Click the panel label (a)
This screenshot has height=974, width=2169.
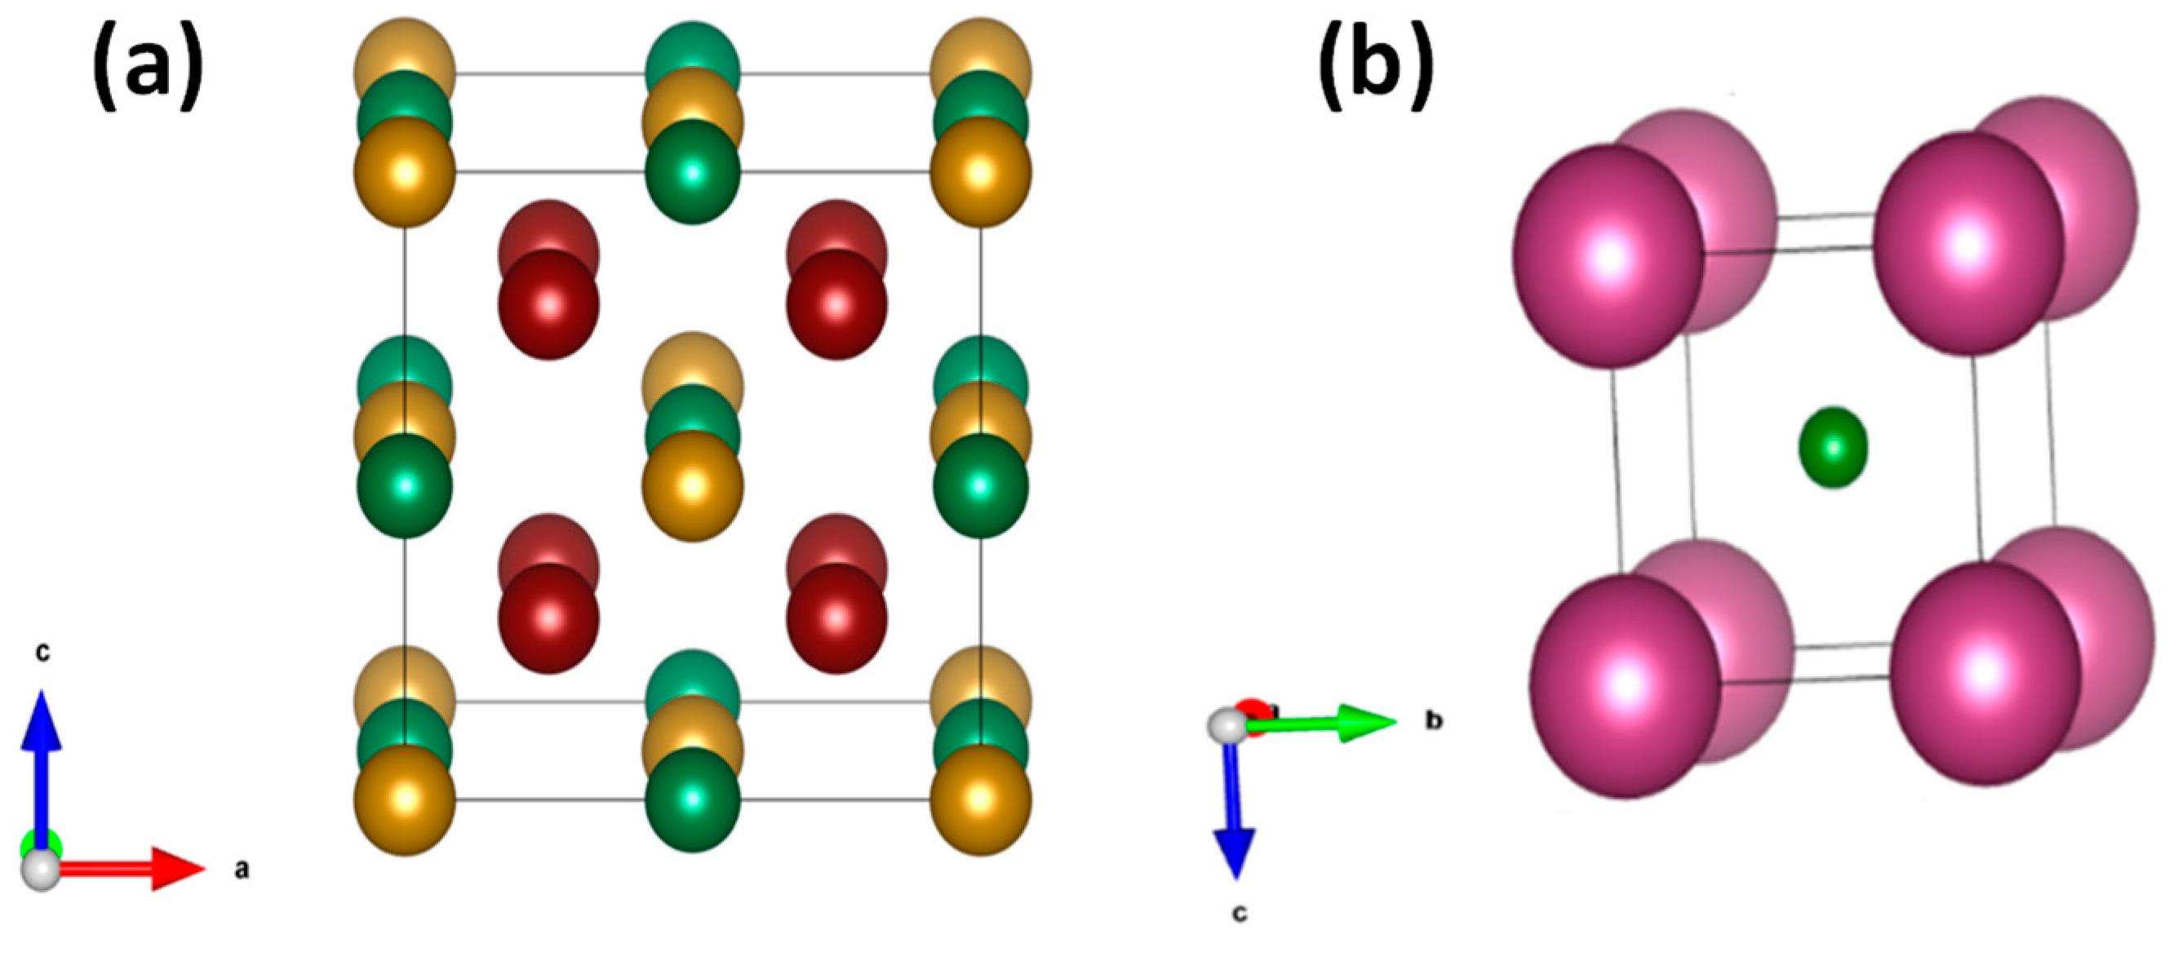pyautogui.click(x=148, y=68)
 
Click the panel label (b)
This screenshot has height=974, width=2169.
pyautogui.click(x=1375, y=68)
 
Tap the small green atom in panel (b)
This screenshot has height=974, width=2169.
pyautogui.click(x=1833, y=447)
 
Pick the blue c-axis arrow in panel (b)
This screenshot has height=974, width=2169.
pyautogui.click(x=1233, y=808)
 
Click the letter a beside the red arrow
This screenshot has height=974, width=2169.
pyautogui.click(x=242, y=869)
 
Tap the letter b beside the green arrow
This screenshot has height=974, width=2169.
pyautogui.click(x=1433, y=720)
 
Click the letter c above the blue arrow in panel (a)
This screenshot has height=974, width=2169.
pyautogui.click(x=42, y=652)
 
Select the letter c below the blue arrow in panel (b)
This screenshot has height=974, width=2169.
pyautogui.click(x=1240, y=913)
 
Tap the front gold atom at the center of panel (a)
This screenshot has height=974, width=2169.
pyautogui.click(x=692, y=486)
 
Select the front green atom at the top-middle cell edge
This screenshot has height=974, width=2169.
pyautogui.click(x=692, y=173)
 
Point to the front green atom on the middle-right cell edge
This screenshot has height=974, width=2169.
pyautogui.click(x=980, y=486)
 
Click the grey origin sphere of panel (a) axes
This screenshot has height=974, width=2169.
pyautogui.click(x=41, y=869)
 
